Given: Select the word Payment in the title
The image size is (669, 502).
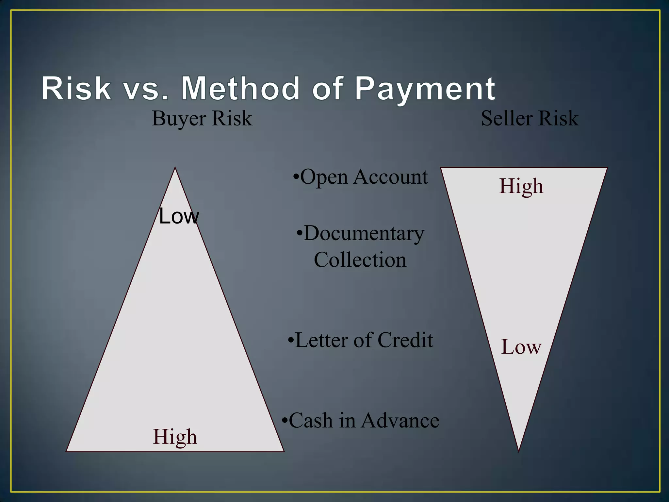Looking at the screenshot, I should [425, 89].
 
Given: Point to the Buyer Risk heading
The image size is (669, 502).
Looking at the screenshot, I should [202, 118].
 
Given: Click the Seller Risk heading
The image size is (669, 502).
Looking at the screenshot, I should [530, 118].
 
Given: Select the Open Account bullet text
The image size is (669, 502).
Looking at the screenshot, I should [361, 177].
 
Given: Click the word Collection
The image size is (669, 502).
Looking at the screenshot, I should [360, 260].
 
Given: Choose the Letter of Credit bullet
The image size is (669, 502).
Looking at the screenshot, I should [361, 340].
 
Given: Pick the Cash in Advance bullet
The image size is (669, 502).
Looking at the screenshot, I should [361, 421].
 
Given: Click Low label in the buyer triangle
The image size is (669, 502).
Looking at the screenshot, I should [179, 216].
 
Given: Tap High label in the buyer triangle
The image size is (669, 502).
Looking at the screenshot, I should [175, 437].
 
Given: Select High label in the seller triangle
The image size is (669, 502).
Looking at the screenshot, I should [521, 186].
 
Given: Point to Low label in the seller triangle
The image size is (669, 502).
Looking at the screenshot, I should [521, 347].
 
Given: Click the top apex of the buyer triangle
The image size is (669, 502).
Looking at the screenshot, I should [175, 168].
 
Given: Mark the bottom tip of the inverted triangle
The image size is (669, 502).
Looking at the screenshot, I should [519, 451].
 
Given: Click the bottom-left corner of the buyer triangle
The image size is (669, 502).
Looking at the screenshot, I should [67, 451].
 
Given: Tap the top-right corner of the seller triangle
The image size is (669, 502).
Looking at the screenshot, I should [607, 168].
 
